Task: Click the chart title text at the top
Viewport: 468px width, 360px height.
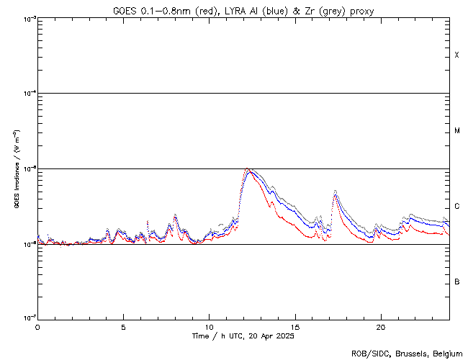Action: coord(243,9)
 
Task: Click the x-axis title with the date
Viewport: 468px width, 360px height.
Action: coord(243,336)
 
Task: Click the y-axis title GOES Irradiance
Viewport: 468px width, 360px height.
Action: coord(16,169)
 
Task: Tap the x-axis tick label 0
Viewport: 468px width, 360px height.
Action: coord(37,326)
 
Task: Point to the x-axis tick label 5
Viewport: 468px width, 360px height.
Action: coord(123,326)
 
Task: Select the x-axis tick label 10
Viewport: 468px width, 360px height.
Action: coord(209,326)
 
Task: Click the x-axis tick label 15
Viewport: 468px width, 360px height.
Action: coord(294,326)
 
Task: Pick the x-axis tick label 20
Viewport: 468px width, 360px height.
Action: coord(380,326)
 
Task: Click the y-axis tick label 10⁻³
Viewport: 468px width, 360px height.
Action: coord(27,19)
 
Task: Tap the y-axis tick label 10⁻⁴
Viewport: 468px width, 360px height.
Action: coord(27,94)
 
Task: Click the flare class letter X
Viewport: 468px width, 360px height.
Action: coord(457,55)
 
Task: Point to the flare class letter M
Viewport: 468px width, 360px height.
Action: coord(457,131)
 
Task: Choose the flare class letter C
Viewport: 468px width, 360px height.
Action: coord(457,207)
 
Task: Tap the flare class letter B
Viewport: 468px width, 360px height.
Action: coord(457,282)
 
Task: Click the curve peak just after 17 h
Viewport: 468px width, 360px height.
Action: coord(335,192)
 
